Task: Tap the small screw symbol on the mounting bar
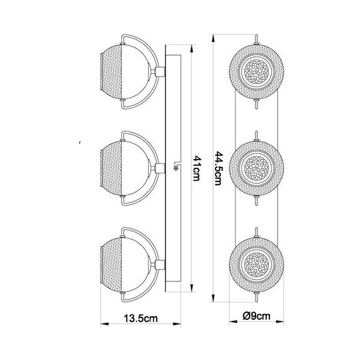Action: point(175,167)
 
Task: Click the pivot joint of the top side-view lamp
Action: point(160,73)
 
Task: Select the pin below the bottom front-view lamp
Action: point(256,295)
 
